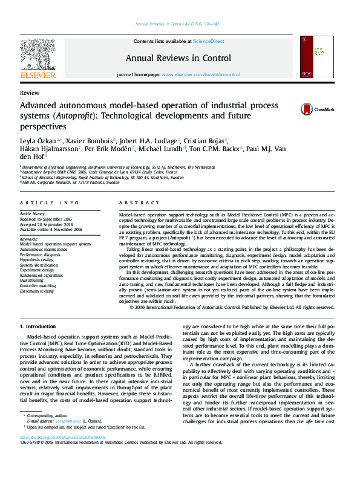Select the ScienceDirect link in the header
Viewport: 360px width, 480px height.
(208, 41)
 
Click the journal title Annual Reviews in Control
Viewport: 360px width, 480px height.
(178, 59)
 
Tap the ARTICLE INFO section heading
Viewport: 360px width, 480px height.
(49, 203)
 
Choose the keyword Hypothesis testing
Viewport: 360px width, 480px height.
(37, 259)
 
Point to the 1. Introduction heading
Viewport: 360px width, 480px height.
(38, 326)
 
